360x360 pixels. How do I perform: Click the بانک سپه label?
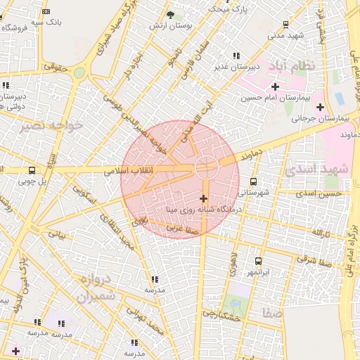point(50,22)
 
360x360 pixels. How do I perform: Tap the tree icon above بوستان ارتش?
point(171,14)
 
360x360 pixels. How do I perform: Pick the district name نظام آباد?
point(301,65)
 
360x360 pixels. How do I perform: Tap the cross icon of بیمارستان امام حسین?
point(275,86)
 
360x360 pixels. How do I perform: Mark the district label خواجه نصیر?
point(53,125)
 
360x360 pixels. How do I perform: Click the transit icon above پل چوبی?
point(32,170)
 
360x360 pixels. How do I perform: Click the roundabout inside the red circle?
point(206,167)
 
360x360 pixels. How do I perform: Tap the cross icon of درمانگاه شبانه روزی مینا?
point(204,199)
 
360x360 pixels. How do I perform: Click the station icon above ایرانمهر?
point(259,261)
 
